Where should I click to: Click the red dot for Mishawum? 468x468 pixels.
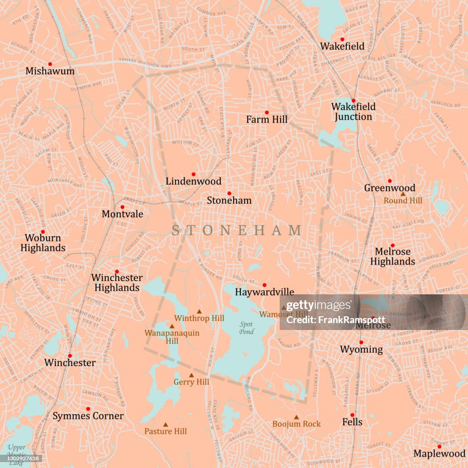pyautogui.click(x=50, y=64)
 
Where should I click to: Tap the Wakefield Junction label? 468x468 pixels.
pyautogui.click(x=353, y=112)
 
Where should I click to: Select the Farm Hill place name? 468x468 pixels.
pyautogui.click(x=267, y=119)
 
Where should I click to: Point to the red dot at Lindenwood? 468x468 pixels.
pyautogui.click(x=193, y=174)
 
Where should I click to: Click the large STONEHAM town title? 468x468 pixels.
pyautogui.click(x=237, y=230)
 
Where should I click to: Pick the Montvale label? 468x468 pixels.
pyautogui.click(x=122, y=214)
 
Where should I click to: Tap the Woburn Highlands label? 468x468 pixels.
pyautogui.click(x=43, y=243)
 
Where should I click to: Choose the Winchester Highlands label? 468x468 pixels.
pyautogui.click(x=117, y=282)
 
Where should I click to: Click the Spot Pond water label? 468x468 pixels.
pyautogui.click(x=246, y=328)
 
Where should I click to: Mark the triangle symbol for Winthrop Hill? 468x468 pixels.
pyautogui.click(x=199, y=311)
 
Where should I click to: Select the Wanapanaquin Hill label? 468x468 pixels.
pyautogui.click(x=172, y=337)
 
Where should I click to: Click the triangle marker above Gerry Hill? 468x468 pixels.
pyautogui.click(x=191, y=375)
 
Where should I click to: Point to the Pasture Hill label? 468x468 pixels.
pyautogui.click(x=165, y=431)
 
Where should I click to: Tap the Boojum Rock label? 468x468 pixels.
pyautogui.click(x=297, y=424)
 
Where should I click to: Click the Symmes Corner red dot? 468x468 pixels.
pyautogui.click(x=88, y=409)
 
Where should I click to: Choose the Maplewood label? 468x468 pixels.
pyautogui.click(x=439, y=454)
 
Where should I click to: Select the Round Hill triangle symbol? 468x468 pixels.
pyautogui.click(x=403, y=194)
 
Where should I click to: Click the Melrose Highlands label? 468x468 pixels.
pyautogui.click(x=393, y=256)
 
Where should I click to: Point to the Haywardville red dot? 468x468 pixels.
pyautogui.click(x=264, y=285)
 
